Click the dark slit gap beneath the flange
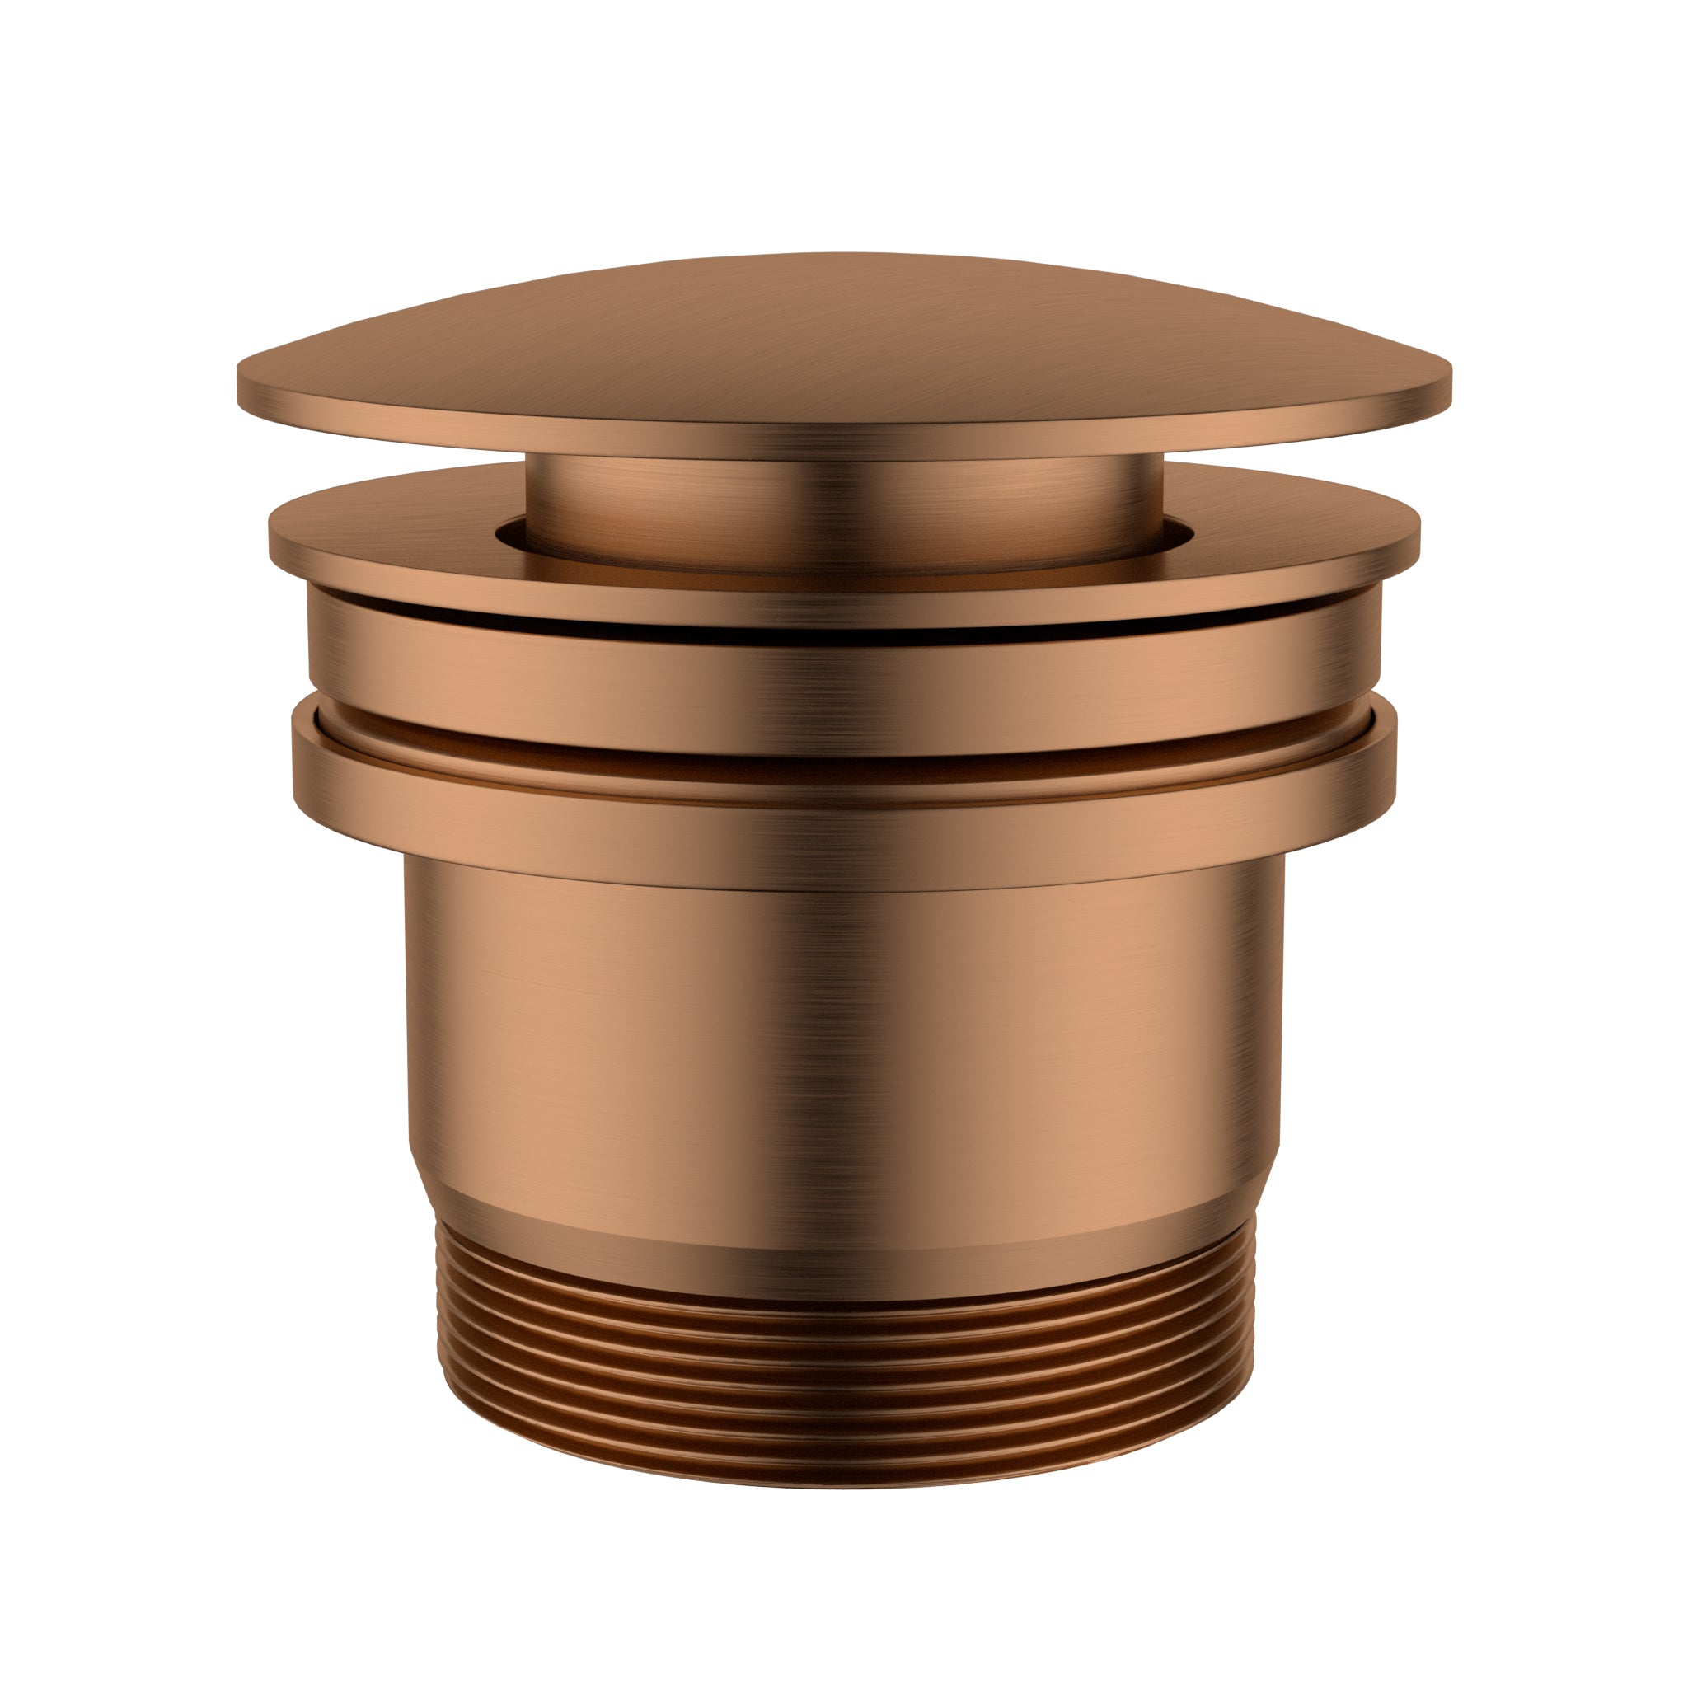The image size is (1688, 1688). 844,636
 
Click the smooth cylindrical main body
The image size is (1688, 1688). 844,1031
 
